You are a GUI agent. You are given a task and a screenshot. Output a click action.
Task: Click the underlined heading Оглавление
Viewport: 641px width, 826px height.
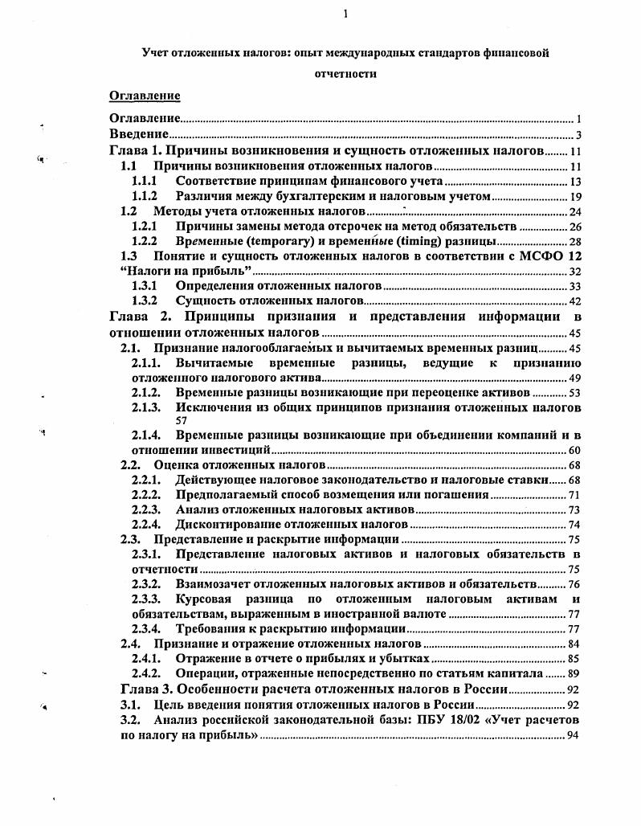click(145, 96)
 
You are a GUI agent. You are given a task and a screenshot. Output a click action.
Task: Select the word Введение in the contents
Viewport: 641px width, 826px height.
click(138, 134)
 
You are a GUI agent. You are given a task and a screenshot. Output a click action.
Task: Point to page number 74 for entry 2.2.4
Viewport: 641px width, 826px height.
click(574, 525)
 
